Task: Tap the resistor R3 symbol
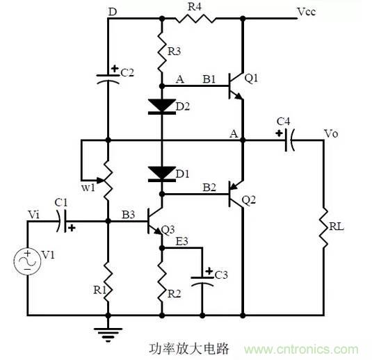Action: (161, 54)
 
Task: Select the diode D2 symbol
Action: (161, 106)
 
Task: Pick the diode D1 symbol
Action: (161, 172)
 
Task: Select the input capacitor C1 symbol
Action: (64, 222)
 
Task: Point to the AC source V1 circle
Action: (28, 261)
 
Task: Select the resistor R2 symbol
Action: (161, 281)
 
